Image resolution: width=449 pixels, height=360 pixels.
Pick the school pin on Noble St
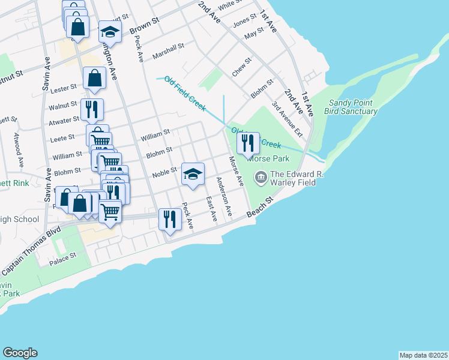(193, 175)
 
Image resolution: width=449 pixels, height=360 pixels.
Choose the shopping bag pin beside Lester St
(95, 79)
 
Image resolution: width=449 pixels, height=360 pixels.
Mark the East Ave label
(210, 208)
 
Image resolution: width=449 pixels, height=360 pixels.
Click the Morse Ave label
(236, 171)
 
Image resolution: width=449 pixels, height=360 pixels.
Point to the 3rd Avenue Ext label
(286, 119)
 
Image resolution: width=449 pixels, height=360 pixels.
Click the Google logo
(20, 353)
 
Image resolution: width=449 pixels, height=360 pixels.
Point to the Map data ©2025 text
(423, 355)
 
